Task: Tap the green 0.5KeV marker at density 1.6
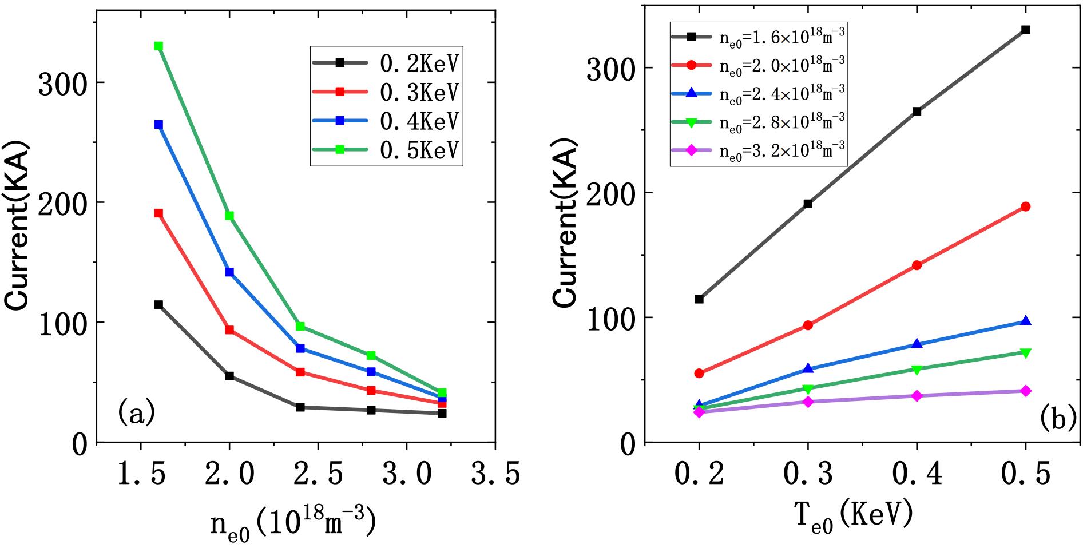coord(158,46)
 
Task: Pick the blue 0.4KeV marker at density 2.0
coord(229,272)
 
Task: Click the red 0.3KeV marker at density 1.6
coord(158,213)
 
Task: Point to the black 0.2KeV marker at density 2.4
coord(300,407)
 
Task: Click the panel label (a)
coord(136,413)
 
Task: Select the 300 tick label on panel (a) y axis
coord(63,84)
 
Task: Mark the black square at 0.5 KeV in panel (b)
coord(1026,30)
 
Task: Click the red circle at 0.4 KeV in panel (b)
coord(917,265)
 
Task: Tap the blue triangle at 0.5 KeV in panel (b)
coord(1026,321)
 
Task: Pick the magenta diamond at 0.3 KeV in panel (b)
coord(808,402)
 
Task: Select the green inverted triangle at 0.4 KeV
coord(917,370)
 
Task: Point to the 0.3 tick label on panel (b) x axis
coord(808,475)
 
